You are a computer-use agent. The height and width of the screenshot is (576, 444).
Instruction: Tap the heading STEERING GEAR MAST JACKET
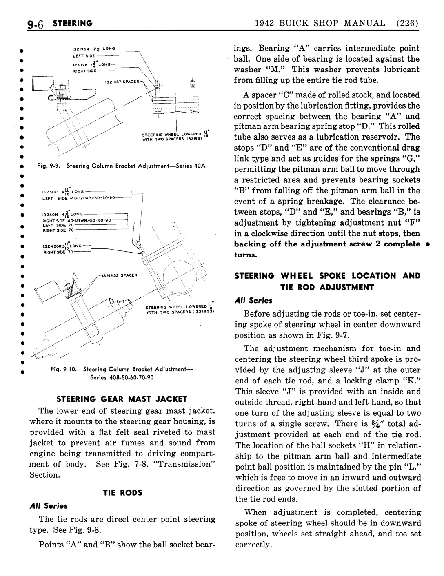121,399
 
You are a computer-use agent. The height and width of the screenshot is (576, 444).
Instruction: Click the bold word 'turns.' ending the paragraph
246,255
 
